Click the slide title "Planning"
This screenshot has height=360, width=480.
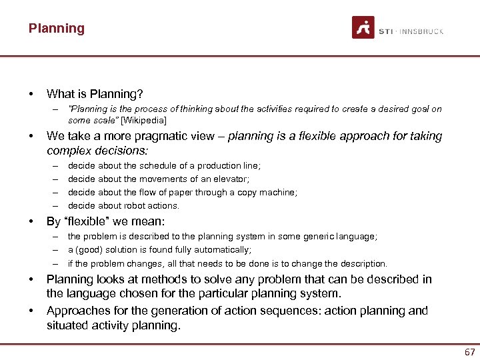click(57, 29)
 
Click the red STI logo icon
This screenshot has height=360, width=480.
click(363, 28)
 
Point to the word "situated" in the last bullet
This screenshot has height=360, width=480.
click(67, 326)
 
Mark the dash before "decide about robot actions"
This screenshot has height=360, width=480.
click(55, 205)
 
